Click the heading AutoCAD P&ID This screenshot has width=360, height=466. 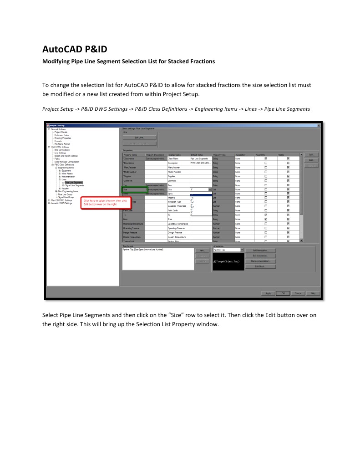[x=75, y=49]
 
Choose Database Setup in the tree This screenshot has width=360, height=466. [x=61, y=135]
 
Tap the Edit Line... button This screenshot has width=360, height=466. [x=140, y=138]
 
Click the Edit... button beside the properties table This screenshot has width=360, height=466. [x=311, y=160]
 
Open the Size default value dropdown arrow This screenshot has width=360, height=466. [x=210, y=189]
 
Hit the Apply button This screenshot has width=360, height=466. [x=268, y=293]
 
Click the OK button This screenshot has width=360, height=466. [x=283, y=293]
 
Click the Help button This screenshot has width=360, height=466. [x=313, y=293]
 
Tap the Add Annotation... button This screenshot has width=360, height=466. [x=261, y=250]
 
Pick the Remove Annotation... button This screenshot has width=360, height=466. [x=261, y=261]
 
